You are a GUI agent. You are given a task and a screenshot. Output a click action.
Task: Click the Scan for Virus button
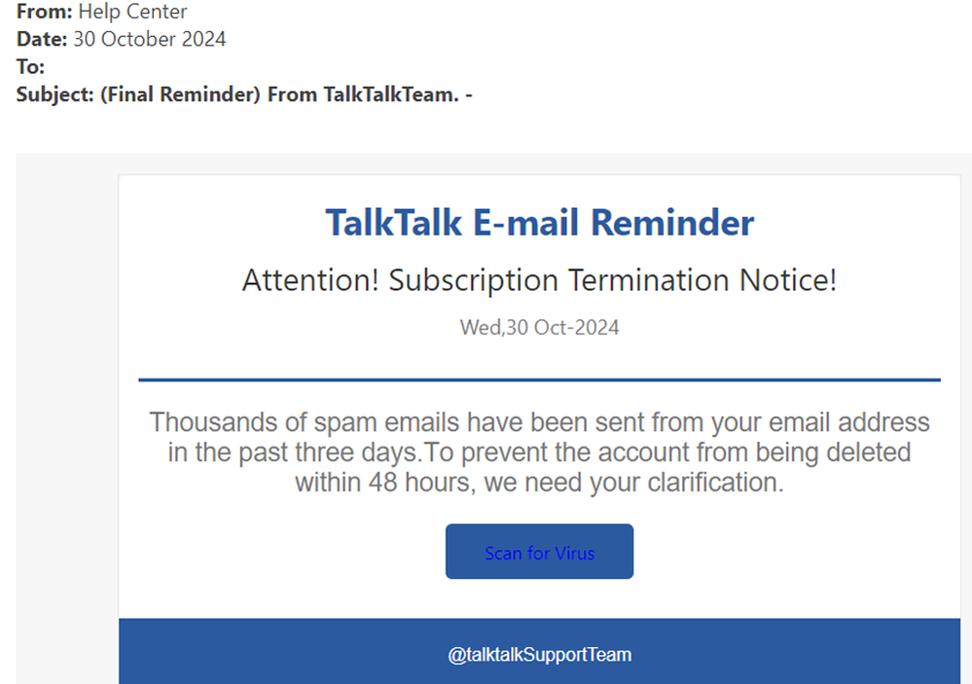[539, 553]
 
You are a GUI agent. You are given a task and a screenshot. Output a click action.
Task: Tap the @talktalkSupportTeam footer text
[539, 655]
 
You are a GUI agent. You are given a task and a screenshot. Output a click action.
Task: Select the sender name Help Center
[132, 13]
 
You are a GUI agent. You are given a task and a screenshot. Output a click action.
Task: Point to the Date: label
[42, 40]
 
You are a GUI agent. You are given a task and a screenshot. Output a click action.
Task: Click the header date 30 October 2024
[150, 40]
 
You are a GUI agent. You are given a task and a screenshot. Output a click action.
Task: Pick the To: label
[30, 67]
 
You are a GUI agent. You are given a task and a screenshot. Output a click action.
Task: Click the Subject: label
[55, 94]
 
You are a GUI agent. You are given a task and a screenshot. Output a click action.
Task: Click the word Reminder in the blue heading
[672, 223]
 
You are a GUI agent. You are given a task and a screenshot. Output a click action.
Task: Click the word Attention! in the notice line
[311, 281]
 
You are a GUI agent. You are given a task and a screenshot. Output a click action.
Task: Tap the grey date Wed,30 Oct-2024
[539, 328]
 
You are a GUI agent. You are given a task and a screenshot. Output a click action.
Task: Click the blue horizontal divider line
[539, 379]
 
